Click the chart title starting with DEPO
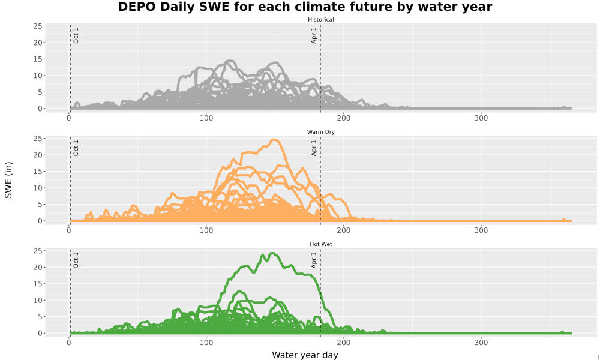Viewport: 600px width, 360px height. (x=305, y=7)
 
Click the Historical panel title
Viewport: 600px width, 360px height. (x=320, y=20)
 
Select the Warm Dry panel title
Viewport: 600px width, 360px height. (x=320, y=132)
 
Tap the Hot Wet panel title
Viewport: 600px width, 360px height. (x=320, y=244)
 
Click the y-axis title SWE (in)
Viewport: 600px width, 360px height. (x=8, y=180)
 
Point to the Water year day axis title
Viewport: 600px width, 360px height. (x=305, y=355)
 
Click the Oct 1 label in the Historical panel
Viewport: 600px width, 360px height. (x=76, y=35)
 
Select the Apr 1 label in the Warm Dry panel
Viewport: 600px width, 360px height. (x=314, y=148)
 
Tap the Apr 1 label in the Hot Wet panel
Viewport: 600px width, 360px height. (x=314, y=260)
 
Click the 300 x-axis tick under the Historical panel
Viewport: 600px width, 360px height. (x=481, y=118)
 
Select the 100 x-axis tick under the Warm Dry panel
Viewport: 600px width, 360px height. (x=206, y=230)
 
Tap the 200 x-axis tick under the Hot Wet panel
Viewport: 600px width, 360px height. (x=344, y=343)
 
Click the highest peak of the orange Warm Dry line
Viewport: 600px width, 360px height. (x=274, y=140)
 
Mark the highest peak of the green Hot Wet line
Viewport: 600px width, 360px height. (x=272, y=253)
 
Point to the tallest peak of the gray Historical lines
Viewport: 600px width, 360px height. (x=229, y=61)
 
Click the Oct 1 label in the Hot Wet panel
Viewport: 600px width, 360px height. (x=76, y=260)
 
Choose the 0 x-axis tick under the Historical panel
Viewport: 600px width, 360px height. (x=69, y=118)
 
